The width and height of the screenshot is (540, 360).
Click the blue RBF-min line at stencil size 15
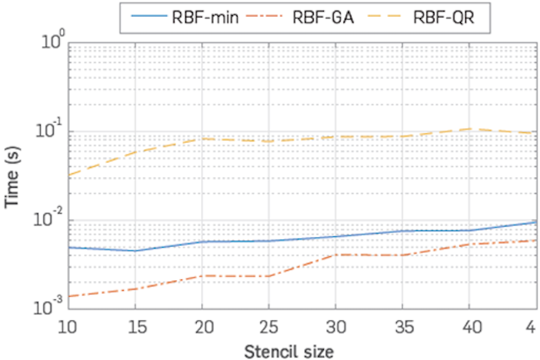[x=134, y=250]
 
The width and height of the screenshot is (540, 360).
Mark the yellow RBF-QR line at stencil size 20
[x=200, y=139]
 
